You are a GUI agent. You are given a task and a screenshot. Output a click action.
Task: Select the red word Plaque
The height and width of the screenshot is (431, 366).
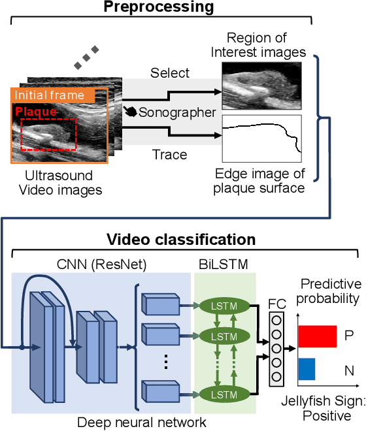pos(36,112)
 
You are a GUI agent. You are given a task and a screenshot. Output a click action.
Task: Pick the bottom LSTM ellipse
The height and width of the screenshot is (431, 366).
pos(223,395)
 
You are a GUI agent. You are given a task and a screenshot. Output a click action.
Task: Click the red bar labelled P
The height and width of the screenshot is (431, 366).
pos(318,336)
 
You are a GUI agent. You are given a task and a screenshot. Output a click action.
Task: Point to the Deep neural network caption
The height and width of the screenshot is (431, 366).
pos(142,422)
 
